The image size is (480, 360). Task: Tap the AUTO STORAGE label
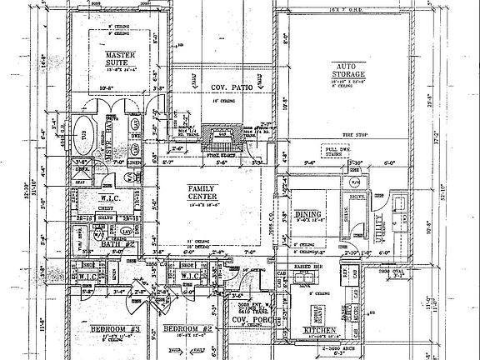click(351, 70)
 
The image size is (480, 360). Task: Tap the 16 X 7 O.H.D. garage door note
click(383, 6)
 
